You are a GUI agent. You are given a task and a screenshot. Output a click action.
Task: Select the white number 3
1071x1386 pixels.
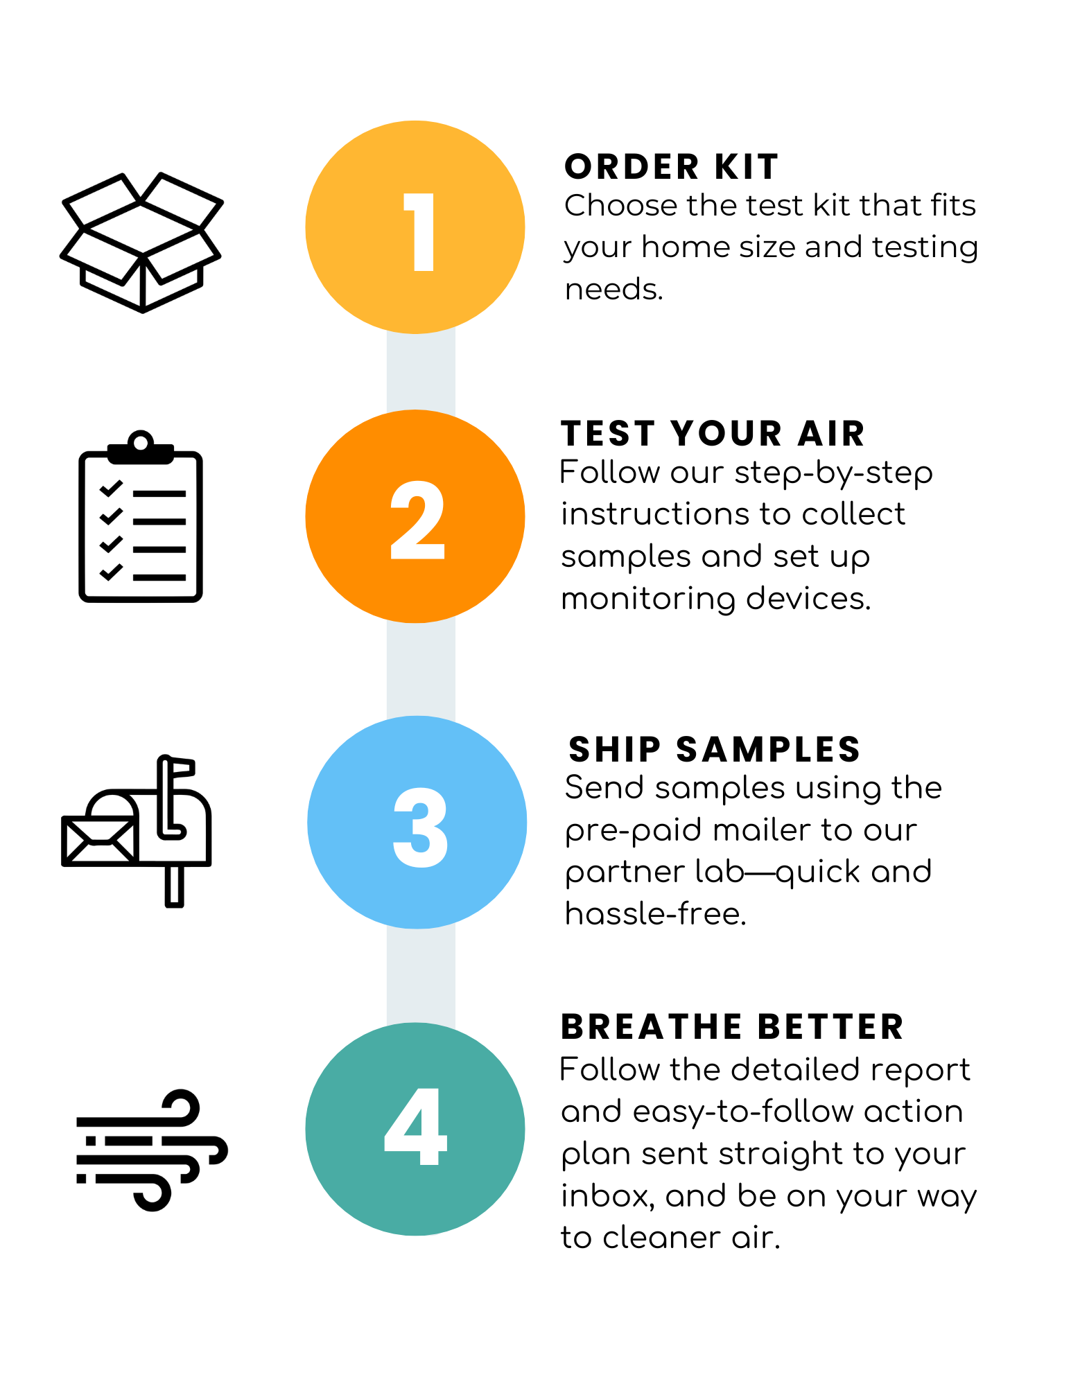(x=421, y=827)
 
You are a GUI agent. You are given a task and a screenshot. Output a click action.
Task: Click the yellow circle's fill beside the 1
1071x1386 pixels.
(x=347, y=229)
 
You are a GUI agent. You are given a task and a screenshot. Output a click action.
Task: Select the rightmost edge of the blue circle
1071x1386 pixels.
(x=525, y=823)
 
